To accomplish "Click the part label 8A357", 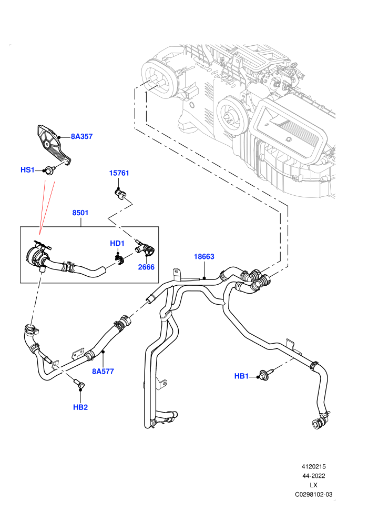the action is (x=81, y=136).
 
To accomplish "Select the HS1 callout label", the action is (x=27, y=170).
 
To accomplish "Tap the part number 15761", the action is (x=119, y=173).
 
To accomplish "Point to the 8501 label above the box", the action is (x=80, y=213).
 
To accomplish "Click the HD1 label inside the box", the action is (x=117, y=243).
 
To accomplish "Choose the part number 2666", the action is (x=146, y=267).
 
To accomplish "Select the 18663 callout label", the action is (x=204, y=256).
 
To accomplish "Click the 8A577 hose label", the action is (x=103, y=371).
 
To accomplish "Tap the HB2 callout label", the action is (x=80, y=407).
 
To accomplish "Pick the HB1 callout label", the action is (x=242, y=376).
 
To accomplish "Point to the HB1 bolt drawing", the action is (x=266, y=375).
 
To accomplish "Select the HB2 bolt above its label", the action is (x=80, y=384).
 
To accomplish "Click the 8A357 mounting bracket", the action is (x=53, y=145).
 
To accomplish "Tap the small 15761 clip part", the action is (x=120, y=194).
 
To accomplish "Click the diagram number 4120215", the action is (x=313, y=466).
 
